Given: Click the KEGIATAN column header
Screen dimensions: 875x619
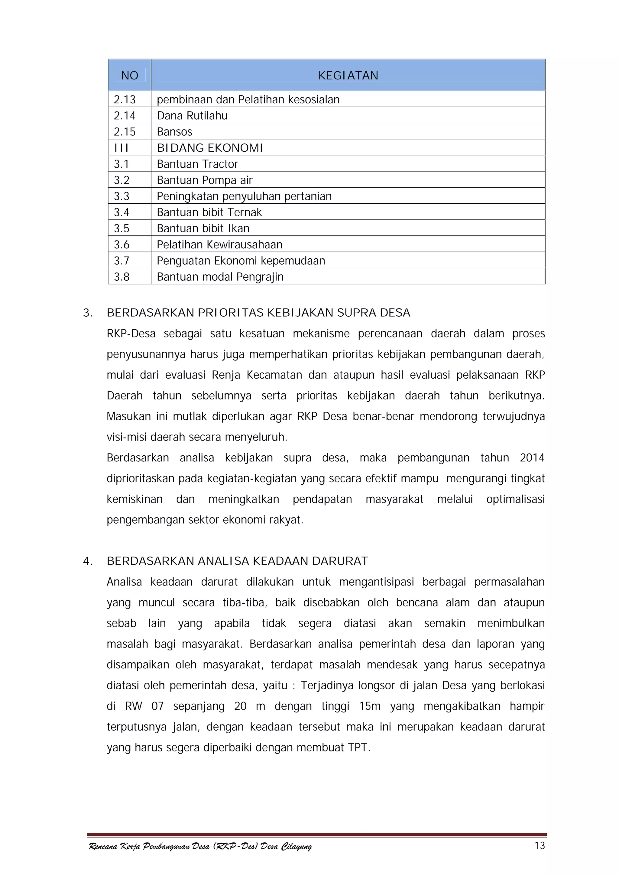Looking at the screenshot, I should pyautogui.click(x=348, y=76).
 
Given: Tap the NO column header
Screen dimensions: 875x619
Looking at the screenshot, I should pyautogui.click(x=130, y=76).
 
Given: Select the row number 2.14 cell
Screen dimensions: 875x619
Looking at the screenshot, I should pyautogui.click(x=125, y=115).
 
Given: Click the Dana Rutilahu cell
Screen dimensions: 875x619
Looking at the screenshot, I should pyautogui.click(x=192, y=115).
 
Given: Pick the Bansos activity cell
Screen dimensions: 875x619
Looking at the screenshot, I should pyautogui.click(x=175, y=132).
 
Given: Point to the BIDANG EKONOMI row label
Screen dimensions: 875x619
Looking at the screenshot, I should pyautogui.click(x=210, y=148).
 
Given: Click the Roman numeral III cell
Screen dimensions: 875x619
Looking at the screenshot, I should pyautogui.click(x=121, y=148).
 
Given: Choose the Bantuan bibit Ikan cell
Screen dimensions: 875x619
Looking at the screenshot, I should pyautogui.click(x=203, y=228).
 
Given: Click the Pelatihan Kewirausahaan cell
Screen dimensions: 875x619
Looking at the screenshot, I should pyautogui.click(x=219, y=244).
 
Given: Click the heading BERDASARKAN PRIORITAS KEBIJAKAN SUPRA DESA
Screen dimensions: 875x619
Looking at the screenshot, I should pyautogui.click(x=258, y=313).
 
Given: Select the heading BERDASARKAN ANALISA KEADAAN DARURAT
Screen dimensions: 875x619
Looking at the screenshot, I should pyautogui.click(x=237, y=561).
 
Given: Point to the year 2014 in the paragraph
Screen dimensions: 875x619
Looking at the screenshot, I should pyautogui.click(x=532, y=458).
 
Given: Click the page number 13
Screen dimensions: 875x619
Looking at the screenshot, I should pyautogui.click(x=539, y=846).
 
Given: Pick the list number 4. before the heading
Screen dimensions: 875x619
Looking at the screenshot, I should pyautogui.click(x=88, y=561).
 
